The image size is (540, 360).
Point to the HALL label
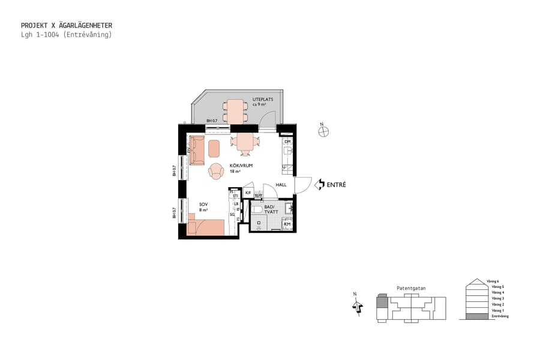click(x=281, y=185)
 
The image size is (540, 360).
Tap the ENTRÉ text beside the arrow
click(x=336, y=185)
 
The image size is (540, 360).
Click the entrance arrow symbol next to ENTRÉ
click(x=320, y=185)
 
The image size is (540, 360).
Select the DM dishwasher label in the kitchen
click(x=287, y=142)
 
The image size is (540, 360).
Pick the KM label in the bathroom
click(x=287, y=224)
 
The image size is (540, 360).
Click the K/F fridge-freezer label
click(x=248, y=193)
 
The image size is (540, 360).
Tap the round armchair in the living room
click(x=216, y=172)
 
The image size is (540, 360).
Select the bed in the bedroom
click(x=206, y=227)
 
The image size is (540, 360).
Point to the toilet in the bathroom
click(x=258, y=211)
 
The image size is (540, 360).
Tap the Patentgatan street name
click(x=411, y=288)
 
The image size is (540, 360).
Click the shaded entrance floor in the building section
click(x=478, y=316)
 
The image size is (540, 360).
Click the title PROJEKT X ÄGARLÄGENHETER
click(x=66, y=26)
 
